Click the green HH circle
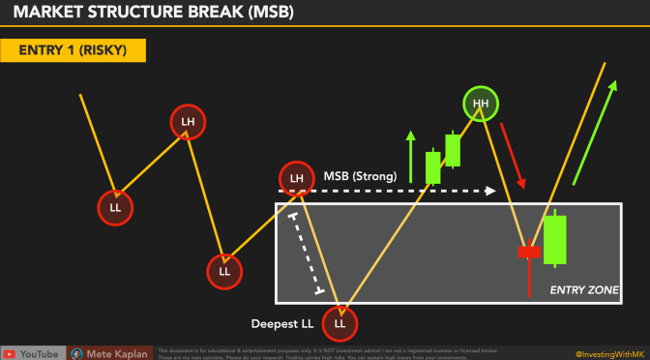point(479,103)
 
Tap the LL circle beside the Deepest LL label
point(340,319)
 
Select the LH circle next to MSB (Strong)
point(297,178)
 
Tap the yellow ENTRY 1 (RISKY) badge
point(74,48)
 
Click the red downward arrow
point(519,165)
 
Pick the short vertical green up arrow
point(409,152)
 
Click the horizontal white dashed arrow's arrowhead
point(491,191)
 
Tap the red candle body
point(529,252)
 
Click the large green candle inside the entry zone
point(554,240)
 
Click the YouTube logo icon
point(12,353)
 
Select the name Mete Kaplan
point(118,353)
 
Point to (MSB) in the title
point(263,13)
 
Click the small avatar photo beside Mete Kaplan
point(77,353)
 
